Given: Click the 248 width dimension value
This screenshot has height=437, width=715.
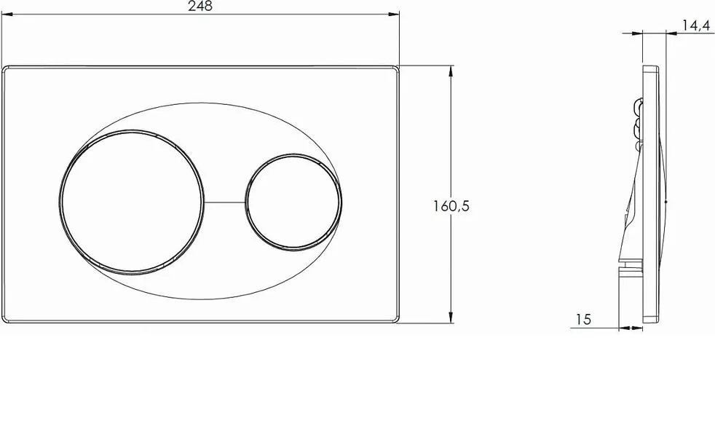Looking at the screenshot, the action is (x=200, y=7).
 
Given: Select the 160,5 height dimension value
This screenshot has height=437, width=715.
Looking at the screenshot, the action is (x=451, y=206).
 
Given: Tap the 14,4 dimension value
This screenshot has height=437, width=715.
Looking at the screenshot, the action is (x=697, y=26).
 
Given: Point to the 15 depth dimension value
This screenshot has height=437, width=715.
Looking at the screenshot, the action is (x=583, y=319).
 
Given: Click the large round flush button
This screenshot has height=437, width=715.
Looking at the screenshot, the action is (x=132, y=202).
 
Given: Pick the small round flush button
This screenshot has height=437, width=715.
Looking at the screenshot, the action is (x=293, y=202).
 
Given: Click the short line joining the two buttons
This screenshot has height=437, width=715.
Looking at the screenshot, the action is (x=224, y=202).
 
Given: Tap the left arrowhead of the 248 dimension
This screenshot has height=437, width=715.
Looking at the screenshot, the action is (x=7, y=15).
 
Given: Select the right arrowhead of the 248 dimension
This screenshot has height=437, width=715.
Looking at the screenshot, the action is (x=394, y=15).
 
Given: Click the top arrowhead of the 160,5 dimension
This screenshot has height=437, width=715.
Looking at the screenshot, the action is (x=451, y=71).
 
